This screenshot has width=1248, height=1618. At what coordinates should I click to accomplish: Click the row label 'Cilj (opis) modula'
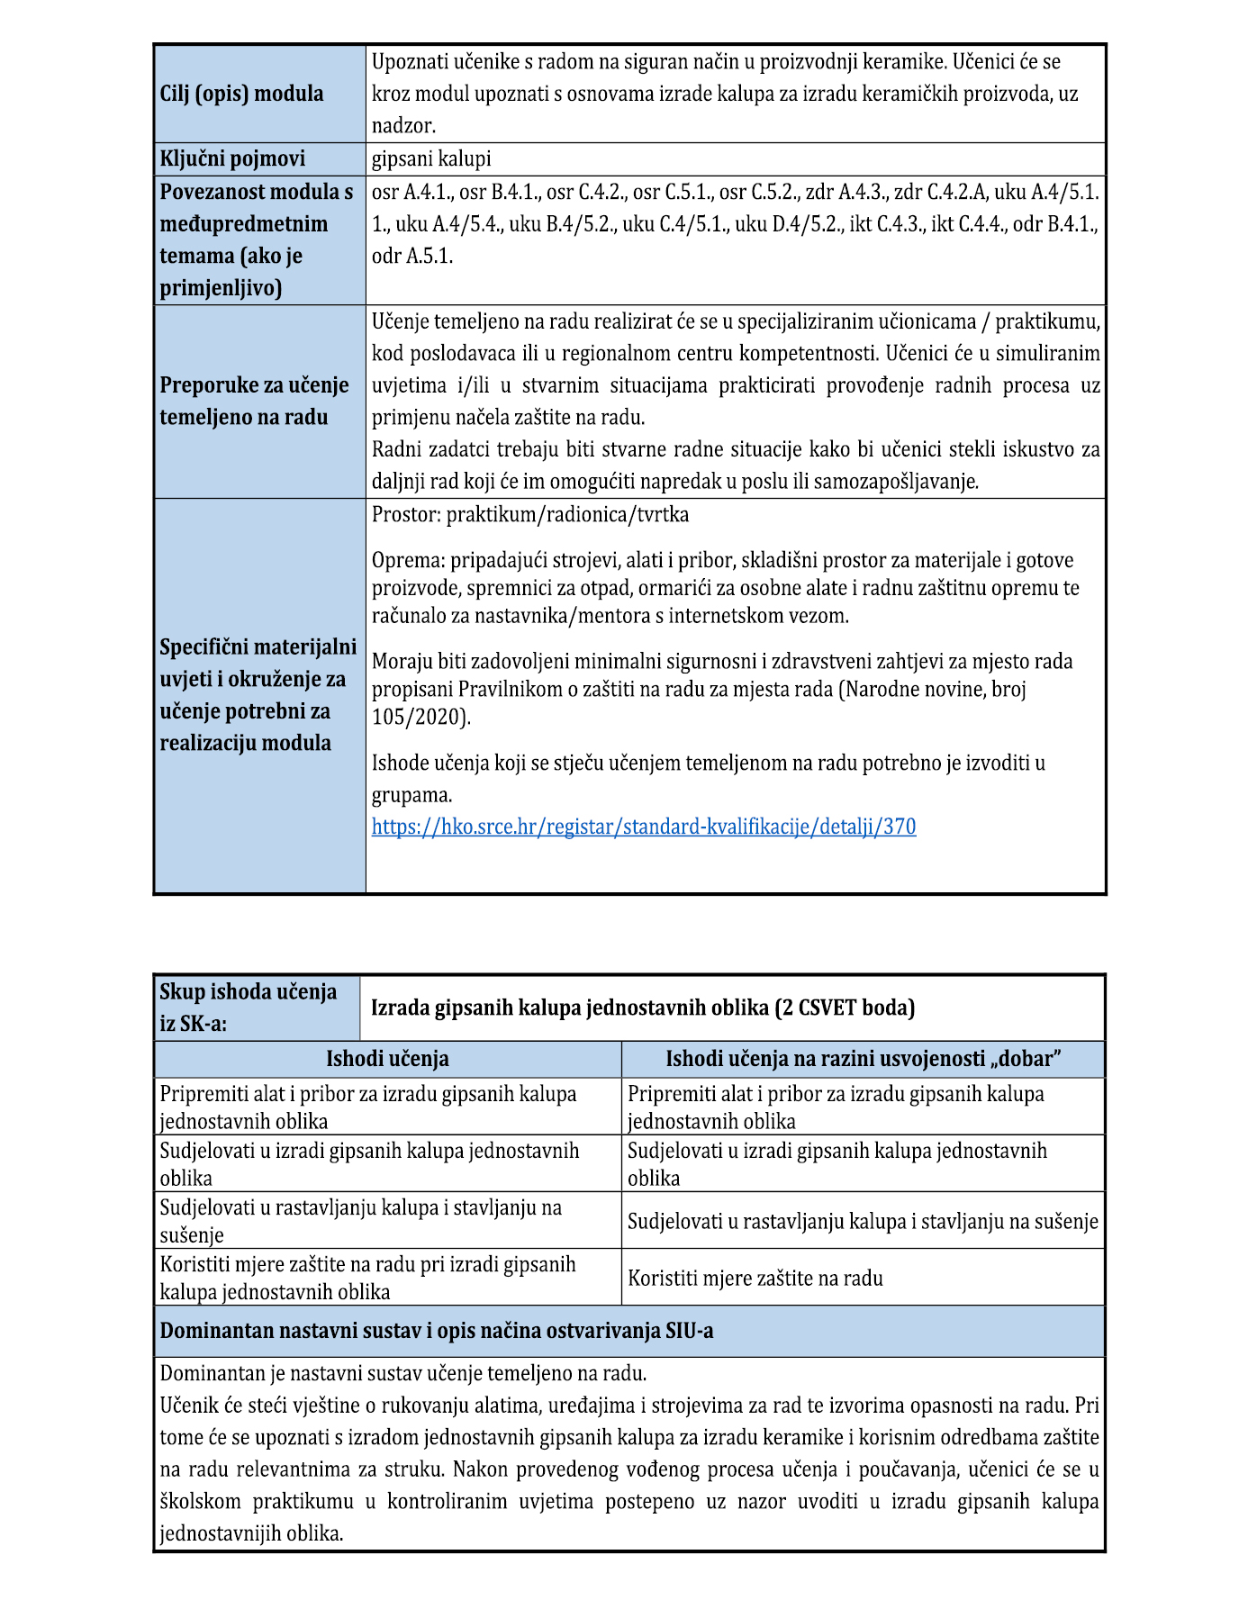241,94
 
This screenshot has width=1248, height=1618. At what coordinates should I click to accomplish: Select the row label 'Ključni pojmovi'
232,159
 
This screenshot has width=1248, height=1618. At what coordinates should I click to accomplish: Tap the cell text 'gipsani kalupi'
431,159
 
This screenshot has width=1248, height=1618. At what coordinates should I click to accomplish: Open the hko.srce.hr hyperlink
644,827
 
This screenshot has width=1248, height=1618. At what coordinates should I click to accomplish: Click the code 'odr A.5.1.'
412,257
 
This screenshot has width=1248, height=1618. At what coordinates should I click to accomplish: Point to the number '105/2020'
418,718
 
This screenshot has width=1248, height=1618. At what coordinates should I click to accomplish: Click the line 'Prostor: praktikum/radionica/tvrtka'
530,515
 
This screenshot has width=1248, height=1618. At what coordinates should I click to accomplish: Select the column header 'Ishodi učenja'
387,1059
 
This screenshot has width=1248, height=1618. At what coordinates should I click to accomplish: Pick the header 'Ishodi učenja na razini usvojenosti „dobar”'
863,1059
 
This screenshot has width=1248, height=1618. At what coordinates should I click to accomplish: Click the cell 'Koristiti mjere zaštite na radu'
755,1279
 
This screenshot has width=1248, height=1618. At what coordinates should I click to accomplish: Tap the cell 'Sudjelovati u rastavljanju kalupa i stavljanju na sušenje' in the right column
863,1222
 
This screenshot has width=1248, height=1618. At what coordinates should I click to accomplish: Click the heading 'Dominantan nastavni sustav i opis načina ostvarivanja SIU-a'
437,1331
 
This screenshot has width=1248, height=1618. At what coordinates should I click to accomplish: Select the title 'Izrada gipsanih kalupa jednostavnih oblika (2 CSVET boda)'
643,1008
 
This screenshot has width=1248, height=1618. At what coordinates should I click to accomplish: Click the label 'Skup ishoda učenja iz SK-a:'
249,1008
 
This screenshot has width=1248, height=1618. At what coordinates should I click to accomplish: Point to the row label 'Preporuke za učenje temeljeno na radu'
254,402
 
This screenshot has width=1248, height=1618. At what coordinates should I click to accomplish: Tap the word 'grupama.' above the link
411,795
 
